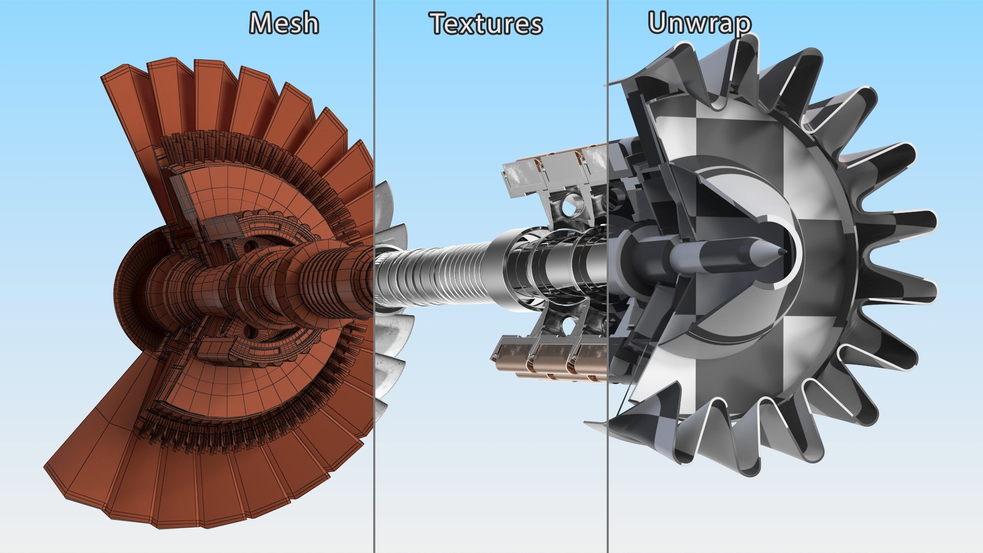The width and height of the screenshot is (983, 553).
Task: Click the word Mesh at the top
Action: coord(284,24)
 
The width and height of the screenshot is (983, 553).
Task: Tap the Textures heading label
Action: coord(486,24)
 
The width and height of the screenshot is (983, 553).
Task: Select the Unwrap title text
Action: coord(699,23)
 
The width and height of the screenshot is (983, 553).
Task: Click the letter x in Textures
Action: coord(472,26)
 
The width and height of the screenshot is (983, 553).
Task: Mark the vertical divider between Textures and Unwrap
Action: coord(608,461)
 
